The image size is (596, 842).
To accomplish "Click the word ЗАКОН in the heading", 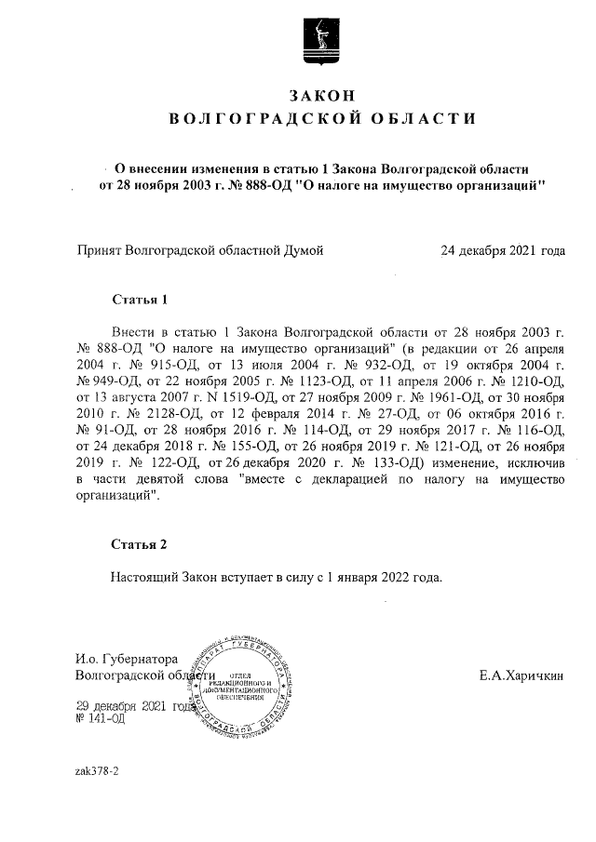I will click(321, 95).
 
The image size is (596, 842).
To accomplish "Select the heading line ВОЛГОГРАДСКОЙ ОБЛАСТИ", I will click(321, 118).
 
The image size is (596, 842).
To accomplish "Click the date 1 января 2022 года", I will click(383, 577).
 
